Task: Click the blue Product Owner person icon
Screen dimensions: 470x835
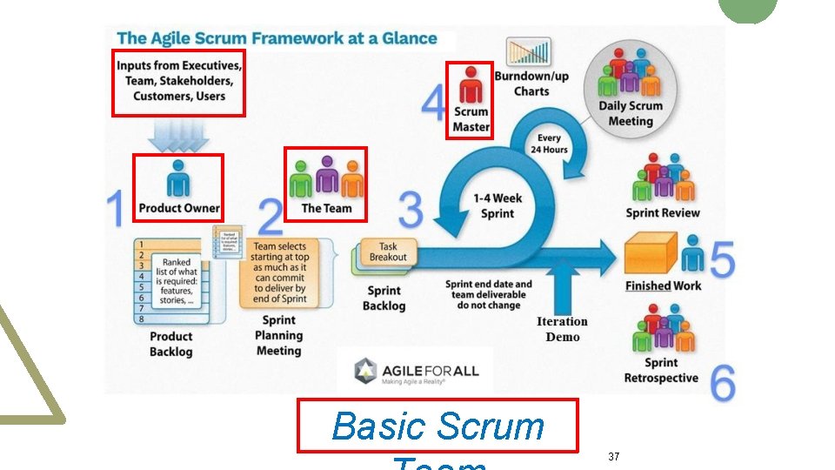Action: click(x=178, y=179)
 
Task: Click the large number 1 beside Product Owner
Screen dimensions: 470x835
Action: click(x=115, y=210)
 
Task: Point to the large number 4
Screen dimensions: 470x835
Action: click(x=434, y=104)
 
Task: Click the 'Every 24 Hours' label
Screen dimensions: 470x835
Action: click(x=549, y=144)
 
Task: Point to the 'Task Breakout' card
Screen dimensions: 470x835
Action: click(x=388, y=252)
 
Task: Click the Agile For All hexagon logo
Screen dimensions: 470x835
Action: click(x=365, y=372)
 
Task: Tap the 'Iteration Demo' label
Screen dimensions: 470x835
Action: click(x=562, y=329)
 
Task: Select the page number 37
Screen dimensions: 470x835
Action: click(x=614, y=456)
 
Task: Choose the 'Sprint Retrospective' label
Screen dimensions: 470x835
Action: click(x=660, y=370)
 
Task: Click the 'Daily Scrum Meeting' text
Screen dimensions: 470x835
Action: click(x=631, y=113)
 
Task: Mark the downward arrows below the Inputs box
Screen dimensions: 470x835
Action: click(x=179, y=134)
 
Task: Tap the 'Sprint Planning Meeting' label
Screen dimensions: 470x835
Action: click(x=278, y=335)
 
